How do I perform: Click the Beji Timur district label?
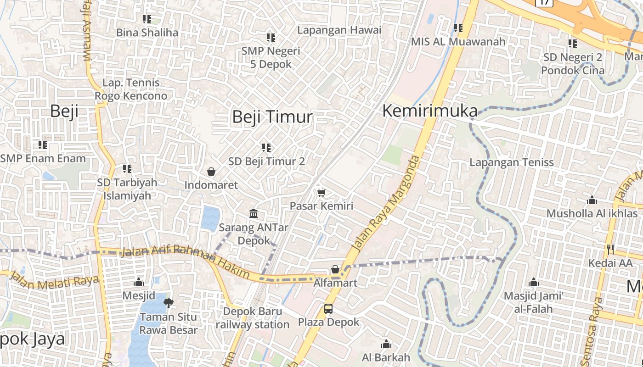coord(272,117)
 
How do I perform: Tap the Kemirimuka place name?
coord(429,111)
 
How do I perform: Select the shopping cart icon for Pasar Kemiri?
coord(321,193)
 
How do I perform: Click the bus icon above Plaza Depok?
coord(328,308)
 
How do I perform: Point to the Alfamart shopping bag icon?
coord(335,269)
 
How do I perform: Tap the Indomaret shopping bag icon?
coord(211,172)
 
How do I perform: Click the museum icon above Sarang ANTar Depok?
coord(254,214)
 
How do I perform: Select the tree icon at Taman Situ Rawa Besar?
coord(169,303)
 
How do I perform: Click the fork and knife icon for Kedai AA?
coord(610,250)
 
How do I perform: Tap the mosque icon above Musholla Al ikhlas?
coord(592,200)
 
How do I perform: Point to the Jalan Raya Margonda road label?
coord(386,204)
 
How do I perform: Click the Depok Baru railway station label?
coord(253,318)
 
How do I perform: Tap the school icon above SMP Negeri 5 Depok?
coord(271,38)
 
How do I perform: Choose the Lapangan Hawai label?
coord(339,30)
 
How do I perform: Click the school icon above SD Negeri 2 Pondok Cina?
coord(573,44)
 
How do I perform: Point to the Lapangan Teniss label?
coord(511,162)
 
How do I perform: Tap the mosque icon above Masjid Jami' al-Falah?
coord(534,282)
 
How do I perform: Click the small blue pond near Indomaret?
coord(210,218)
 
